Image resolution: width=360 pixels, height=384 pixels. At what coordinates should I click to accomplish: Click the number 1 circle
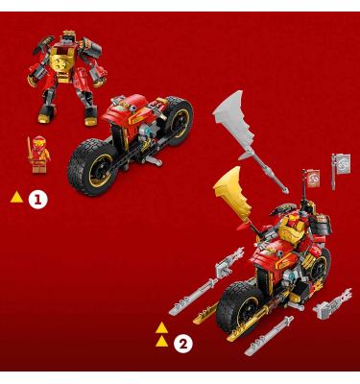coord(37,200)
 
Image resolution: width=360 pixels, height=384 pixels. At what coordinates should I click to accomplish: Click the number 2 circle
coord(183,344)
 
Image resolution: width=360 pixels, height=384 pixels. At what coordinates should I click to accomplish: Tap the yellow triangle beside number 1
coord(16,197)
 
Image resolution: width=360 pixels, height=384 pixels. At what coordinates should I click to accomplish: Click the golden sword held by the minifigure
coord(30,148)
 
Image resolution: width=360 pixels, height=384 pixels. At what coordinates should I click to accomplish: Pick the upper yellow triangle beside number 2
coord(162,328)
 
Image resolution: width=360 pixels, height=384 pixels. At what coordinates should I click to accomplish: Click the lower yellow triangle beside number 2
coord(162,341)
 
